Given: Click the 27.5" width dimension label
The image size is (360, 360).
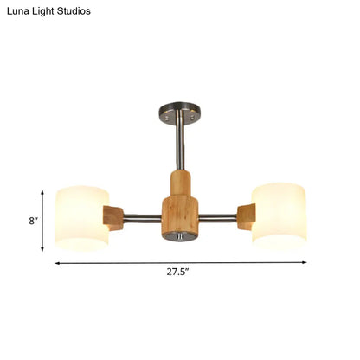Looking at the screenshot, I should [179, 271].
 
